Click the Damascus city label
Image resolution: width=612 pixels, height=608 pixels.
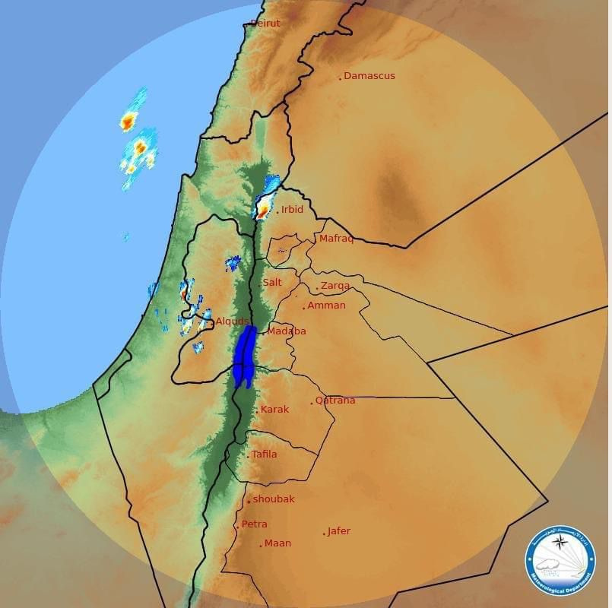coord(369,76)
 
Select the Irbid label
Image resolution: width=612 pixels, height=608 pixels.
coord(292,210)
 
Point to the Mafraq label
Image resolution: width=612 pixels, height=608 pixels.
coord(336,239)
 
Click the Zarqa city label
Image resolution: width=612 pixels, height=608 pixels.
coord(335,286)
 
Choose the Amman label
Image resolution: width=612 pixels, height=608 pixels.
coord(326,306)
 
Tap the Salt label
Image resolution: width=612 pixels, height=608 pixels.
coord(272,283)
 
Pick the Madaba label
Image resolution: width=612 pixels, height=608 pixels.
coord(287,331)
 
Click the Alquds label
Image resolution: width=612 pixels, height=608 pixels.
coord(232,322)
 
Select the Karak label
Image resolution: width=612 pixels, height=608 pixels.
coord(274,410)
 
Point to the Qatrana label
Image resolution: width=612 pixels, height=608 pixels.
coord(335,401)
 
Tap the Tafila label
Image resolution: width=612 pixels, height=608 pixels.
coord(264,454)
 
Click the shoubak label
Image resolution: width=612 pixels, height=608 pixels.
coord(273,499)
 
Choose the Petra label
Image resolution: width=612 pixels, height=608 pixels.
coord(254,524)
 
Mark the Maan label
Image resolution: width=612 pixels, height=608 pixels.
coord(277,543)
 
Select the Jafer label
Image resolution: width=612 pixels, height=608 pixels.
coord(338,531)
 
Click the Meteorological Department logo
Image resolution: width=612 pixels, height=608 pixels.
coord(560,561)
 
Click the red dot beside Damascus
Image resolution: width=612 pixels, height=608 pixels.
coord(341,78)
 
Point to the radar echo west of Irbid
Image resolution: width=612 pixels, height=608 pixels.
coord(265,205)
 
